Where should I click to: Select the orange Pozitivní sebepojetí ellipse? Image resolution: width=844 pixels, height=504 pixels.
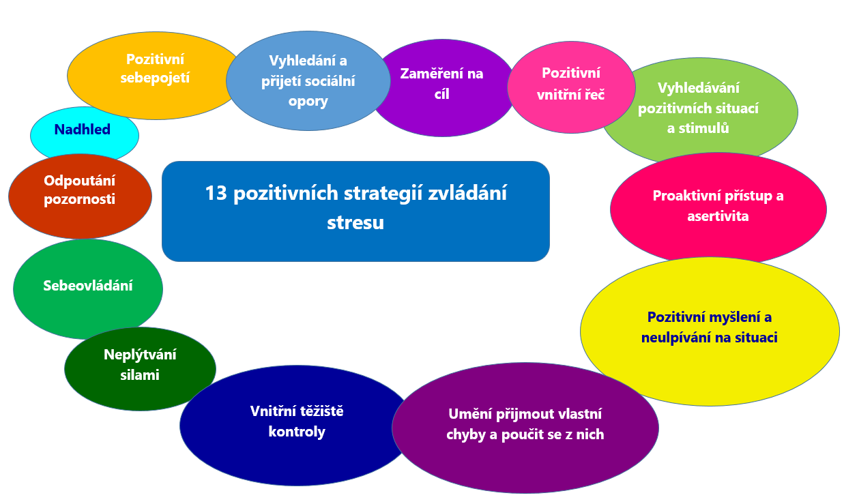click(155, 76)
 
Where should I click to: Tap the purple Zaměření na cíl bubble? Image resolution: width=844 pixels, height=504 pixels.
click(442, 88)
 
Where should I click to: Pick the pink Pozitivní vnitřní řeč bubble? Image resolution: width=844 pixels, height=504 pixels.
click(571, 87)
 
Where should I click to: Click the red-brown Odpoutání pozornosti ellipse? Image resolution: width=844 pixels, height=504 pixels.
click(80, 196)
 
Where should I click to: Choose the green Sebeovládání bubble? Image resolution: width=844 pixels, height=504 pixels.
click(88, 289)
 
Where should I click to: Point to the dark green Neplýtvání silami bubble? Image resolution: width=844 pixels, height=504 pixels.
click(140, 369)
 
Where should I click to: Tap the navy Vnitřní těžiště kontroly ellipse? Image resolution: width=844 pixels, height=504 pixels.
click(297, 426)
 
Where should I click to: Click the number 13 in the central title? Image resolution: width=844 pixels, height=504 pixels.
click(216, 193)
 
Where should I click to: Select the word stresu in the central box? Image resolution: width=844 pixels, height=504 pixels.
click(355, 222)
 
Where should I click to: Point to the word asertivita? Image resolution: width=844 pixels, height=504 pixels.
click(718, 216)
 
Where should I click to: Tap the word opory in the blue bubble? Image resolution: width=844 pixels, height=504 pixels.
click(308, 102)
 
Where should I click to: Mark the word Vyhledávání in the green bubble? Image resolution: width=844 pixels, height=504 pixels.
click(698, 88)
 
